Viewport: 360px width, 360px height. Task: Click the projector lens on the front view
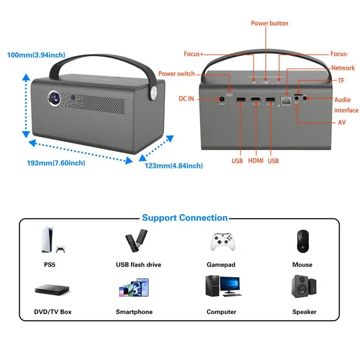coord(55,98)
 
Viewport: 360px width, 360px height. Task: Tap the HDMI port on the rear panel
coord(256,99)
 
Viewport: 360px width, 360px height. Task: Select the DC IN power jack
coord(222,99)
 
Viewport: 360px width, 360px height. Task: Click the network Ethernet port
coord(286,101)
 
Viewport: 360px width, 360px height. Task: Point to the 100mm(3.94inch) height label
coord(36,55)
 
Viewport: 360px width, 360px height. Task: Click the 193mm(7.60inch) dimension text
coord(56,163)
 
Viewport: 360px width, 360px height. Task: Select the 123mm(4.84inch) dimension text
coord(174,166)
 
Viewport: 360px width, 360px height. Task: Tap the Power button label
coord(269,23)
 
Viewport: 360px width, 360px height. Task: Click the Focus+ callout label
coord(193,54)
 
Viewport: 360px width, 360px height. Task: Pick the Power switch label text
coord(177,74)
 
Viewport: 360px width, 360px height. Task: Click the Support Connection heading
coord(185,218)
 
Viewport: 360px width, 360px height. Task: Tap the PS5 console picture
coord(53,240)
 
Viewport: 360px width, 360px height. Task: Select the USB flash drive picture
coord(137,240)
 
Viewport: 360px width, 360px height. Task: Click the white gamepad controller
coord(223,242)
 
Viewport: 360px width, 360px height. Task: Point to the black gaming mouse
coord(303,241)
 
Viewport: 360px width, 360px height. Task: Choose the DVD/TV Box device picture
coord(52,290)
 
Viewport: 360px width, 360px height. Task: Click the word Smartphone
coord(134,312)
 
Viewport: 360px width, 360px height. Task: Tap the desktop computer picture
coord(223,286)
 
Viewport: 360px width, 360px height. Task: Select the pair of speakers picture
coord(304,286)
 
